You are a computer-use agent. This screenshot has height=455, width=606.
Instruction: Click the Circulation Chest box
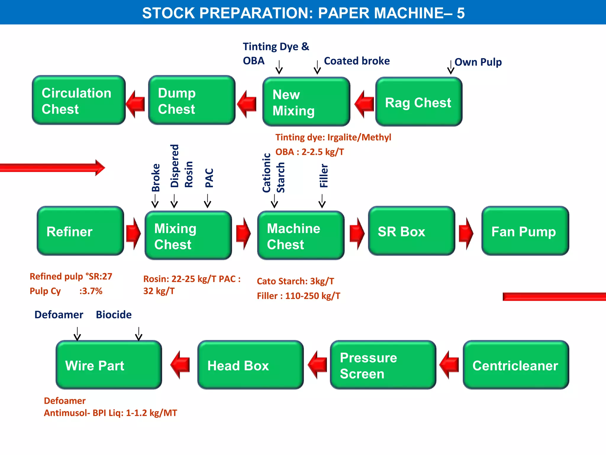pyautogui.click(x=79, y=100)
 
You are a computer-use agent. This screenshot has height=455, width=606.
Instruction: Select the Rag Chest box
pyautogui.click(x=419, y=102)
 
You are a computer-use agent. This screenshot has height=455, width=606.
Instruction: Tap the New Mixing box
pyautogui.click(x=306, y=102)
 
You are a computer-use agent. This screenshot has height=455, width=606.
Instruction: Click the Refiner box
pyautogui.click(x=80, y=231)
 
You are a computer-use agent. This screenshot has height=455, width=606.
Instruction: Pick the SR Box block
pyautogui.click(x=411, y=231)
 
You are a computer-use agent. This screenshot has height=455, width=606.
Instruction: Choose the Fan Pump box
pyautogui.click(x=525, y=231)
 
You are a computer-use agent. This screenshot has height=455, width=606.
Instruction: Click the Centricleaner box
pyautogui.click(x=516, y=365)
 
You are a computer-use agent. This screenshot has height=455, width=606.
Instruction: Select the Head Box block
pyautogui.click(x=250, y=365)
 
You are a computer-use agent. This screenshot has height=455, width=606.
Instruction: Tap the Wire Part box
pyautogui.click(x=109, y=365)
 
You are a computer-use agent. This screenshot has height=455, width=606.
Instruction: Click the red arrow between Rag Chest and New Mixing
pyautogui.click(x=364, y=104)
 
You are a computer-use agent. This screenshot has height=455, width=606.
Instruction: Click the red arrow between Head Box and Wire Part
pyautogui.click(x=180, y=365)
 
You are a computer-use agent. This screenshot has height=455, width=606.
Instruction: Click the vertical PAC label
pyautogui.click(x=209, y=178)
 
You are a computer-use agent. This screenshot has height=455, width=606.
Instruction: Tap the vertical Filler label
pyautogui.click(x=324, y=176)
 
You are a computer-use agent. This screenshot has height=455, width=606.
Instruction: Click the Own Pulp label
pyautogui.click(x=478, y=62)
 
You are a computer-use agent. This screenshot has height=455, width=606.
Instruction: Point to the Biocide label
pyautogui.click(x=114, y=315)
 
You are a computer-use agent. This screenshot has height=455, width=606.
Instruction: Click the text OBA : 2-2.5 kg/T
pyautogui.click(x=310, y=152)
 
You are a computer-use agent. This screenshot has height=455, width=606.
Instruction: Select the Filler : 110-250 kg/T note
pyautogui.click(x=298, y=296)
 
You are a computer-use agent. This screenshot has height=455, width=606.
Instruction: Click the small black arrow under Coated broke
pyautogui.click(x=317, y=68)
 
